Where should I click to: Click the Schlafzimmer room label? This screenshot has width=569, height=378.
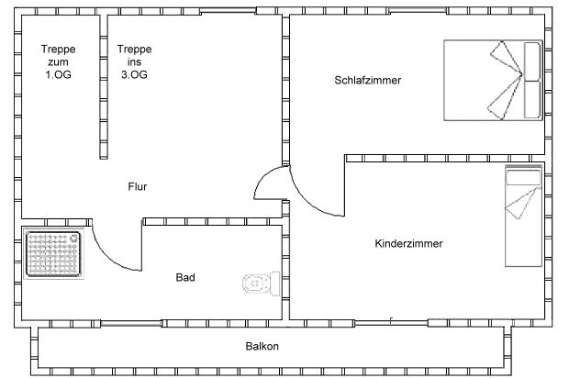[x=368, y=80]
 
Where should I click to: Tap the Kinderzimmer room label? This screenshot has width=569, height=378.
[x=409, y=244]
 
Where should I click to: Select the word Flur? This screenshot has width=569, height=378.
[x=137, y=187]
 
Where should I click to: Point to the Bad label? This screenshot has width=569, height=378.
[x=185, y=276]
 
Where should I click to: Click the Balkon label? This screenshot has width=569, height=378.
[x=262, y=347]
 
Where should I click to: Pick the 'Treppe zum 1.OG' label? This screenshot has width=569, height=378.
[x=57, y=62]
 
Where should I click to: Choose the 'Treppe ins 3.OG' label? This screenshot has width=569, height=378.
[x=134, y=62]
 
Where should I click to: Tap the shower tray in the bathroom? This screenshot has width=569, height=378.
[x=52, y=253]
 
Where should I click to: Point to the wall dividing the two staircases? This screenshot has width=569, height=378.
[x=102, y=87]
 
